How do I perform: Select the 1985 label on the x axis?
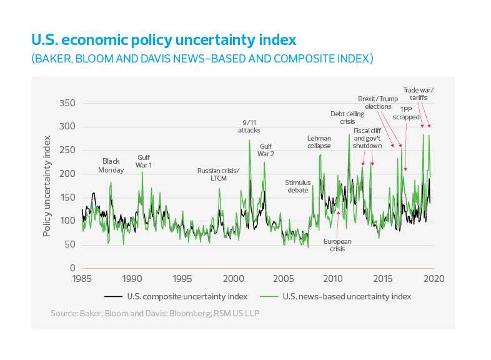tap(81, 278)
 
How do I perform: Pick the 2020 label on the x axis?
tap(434, 278)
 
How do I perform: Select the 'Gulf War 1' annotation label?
tap(144, 161)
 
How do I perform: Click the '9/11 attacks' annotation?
tap(249, 126)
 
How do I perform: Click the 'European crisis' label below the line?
tap(338, 245)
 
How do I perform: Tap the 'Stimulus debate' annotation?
tap(298, 186)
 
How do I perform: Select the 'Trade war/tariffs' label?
tap(418, 94)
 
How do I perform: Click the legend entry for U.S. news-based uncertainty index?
tap(347, 296)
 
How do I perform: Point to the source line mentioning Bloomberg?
tap(154, 312)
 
